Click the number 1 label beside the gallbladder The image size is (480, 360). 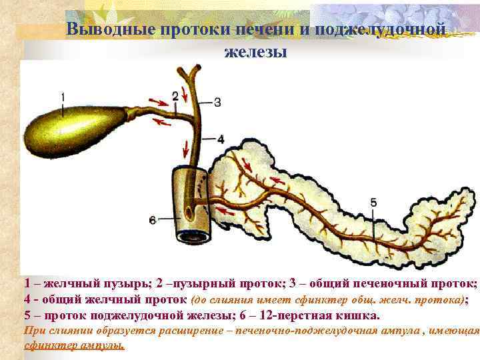62,97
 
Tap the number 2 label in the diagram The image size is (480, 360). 175,96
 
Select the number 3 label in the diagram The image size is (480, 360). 217,102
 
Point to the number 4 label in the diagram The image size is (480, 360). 221,139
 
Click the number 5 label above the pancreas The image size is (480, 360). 373,202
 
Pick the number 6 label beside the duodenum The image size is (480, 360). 153,219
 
